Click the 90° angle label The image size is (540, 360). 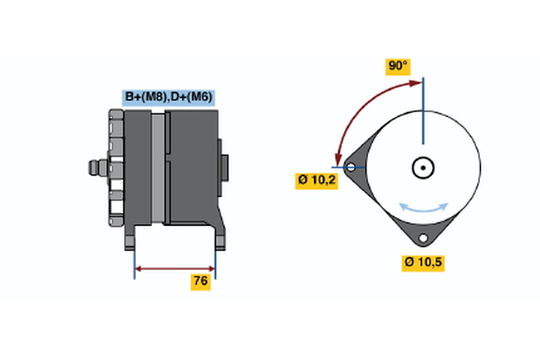coord(398,66)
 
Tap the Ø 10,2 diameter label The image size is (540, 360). coord(317,181)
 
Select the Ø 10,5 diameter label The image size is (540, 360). coord(423,263)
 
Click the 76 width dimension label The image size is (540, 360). coord(201,282)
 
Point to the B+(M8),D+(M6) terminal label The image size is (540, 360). coord(168,97)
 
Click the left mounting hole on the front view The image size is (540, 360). coord(351,167)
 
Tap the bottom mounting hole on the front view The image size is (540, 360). coord(423,238)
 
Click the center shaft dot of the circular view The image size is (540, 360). coord(423,167)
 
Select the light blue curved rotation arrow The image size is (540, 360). coord(424,208)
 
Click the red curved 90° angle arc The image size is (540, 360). coord(361,109)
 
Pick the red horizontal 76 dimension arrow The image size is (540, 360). coord(175,269)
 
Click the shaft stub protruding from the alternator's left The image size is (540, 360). coord(98,167)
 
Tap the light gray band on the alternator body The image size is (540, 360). coord(158,168)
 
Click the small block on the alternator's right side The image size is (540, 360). coord(224,167)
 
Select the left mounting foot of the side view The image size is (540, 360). coord(130,238)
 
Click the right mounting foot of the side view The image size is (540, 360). coord(220,238)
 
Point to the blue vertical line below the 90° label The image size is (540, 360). coord(423,111)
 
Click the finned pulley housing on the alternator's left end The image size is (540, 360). coord(116,167)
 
